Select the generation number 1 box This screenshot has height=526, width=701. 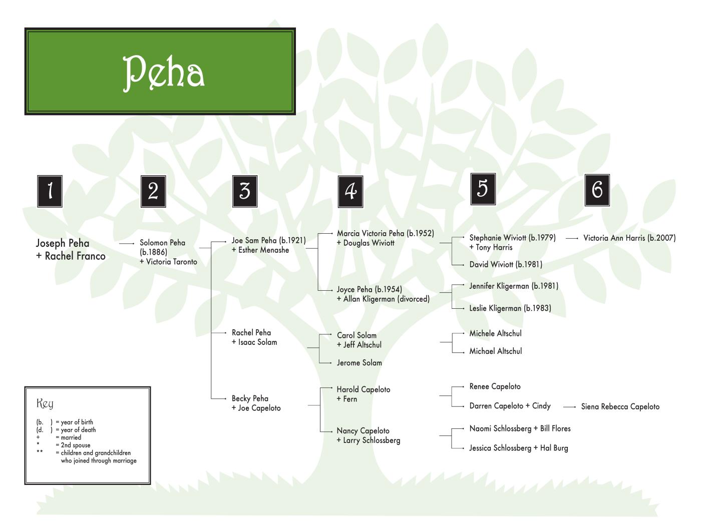50,191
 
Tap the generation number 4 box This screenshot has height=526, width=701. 350,191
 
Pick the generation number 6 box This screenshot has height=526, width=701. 597,190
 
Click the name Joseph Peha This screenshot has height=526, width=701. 63,243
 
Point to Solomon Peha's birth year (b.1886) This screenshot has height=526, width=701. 154,252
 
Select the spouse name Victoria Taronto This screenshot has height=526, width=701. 172,262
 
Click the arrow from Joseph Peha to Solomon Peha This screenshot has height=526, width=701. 127,243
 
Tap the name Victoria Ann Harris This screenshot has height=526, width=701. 614,238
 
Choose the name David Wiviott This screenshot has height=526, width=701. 491,264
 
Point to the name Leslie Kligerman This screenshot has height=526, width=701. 495,308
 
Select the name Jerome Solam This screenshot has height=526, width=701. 359,363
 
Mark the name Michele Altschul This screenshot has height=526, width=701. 495,333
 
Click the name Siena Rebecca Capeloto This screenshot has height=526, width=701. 620,407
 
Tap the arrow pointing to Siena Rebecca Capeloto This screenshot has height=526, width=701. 569,407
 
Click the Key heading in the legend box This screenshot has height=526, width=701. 45,403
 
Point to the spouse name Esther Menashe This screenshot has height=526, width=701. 263,250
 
